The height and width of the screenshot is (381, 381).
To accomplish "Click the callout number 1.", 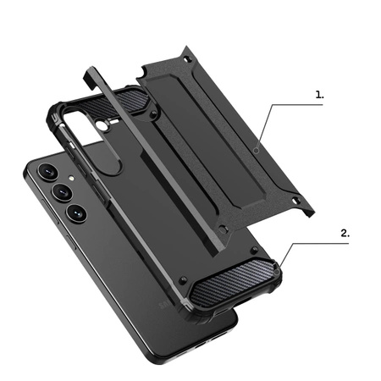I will (x=319, y=96).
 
